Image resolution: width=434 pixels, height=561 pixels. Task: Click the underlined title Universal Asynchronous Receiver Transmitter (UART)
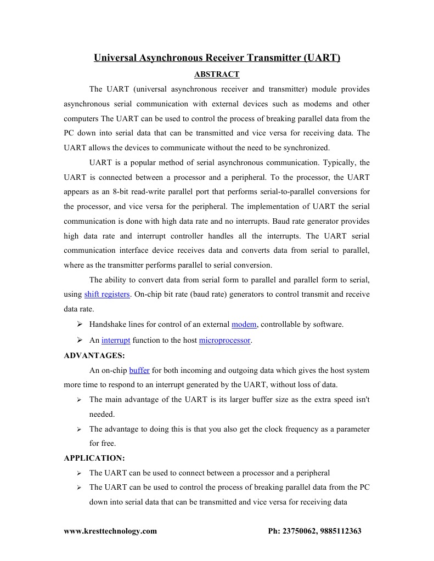pyautogui.click(x=217, y=58)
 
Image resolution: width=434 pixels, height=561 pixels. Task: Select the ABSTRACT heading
pyautogui.click(x=217, y=74)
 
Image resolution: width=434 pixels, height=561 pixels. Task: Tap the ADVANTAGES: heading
pyautogui.click(x=94, y=355)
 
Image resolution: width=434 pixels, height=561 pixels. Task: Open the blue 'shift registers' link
pyautogui.click(x=107, y=294)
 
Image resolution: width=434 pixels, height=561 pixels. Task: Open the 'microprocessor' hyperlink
pyautogui.click(x=225, y=341)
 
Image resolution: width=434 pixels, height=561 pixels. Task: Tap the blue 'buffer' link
pyautogui.click(x=139, y=371)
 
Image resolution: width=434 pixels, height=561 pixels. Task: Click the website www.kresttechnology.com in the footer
pyautogui.click(x=110, y=531)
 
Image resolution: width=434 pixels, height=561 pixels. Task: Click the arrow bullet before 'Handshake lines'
pyautogui.click(x=79, y=325)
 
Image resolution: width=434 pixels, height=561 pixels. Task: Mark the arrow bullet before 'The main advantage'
pyautogui.click(x=79, y=400)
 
